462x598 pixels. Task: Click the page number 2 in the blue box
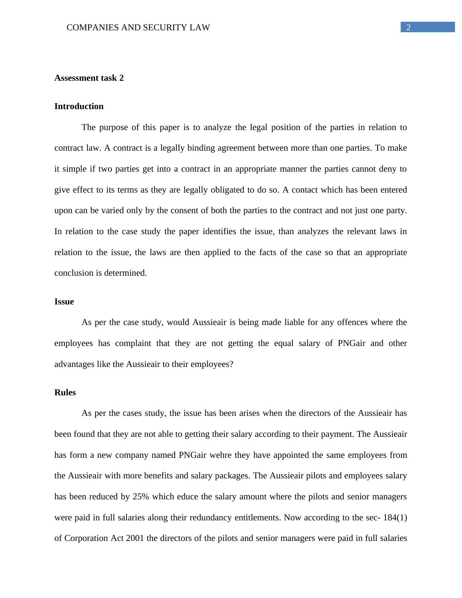tap(408, 27)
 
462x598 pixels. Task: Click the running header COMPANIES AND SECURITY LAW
tap(138, 28)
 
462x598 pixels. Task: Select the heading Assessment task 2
tap(89, 78)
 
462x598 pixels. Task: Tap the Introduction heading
tap(79, 106)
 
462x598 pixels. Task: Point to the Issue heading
tap(64, 302)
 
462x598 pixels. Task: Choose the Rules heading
tap(65, 393)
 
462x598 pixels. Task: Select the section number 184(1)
tap(395, 518)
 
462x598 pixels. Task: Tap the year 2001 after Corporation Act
tap(135, 538)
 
